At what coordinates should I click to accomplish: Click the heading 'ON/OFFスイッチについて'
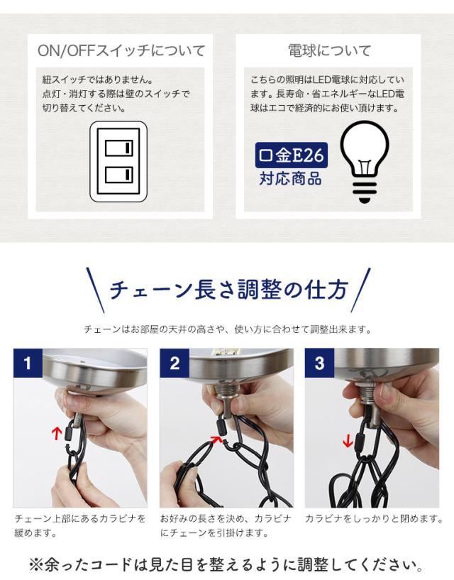pos(121,50)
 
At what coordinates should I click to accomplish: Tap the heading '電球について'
pos(329,50)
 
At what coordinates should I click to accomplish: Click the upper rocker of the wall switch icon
pos(118,148)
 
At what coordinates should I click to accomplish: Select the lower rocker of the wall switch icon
pos(118,175)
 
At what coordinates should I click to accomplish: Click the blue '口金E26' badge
pos(292,155)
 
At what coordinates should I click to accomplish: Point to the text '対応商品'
pos(291,179)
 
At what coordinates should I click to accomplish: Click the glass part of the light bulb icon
pos(365,148)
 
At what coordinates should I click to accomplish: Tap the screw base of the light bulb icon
pos(365,191)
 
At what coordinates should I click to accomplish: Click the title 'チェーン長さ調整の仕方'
pos(229,290)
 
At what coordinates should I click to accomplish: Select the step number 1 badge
pos(28,363)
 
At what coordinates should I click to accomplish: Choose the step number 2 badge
pos(175,363)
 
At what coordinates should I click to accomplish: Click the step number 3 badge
pos(319,363)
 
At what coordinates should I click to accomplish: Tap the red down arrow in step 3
pos(347,441)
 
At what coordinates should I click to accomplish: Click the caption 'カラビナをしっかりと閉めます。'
pos(374,519)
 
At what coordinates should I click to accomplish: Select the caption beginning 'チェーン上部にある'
pos(80,525)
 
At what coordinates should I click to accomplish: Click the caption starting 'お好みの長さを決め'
pos(226,525)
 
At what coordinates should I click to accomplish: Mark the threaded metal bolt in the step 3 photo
pos(367,390)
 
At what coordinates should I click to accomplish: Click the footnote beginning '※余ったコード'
pos(226,565)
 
